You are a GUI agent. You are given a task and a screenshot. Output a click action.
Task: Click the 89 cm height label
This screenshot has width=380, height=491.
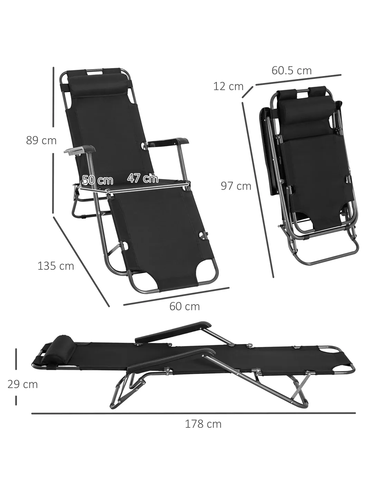click(41, 140)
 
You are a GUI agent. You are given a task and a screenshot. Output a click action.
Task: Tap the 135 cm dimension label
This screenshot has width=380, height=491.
click(56, 266)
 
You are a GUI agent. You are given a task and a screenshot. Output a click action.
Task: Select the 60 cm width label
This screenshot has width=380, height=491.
click(184, 306)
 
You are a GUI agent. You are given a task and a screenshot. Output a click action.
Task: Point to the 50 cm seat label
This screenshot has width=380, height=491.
click(98, 180)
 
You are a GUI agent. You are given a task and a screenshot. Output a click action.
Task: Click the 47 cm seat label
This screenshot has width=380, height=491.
click(143, 178)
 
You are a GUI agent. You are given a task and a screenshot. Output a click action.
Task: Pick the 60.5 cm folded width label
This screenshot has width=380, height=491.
click(292, 70)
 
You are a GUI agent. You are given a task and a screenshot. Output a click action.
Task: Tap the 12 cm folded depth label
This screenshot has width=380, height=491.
click(228, 86)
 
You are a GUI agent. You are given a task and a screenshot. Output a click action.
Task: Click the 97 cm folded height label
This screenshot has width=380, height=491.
click(236, 186)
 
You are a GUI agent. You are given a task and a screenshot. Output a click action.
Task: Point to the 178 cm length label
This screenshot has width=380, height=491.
click(203, 424)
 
